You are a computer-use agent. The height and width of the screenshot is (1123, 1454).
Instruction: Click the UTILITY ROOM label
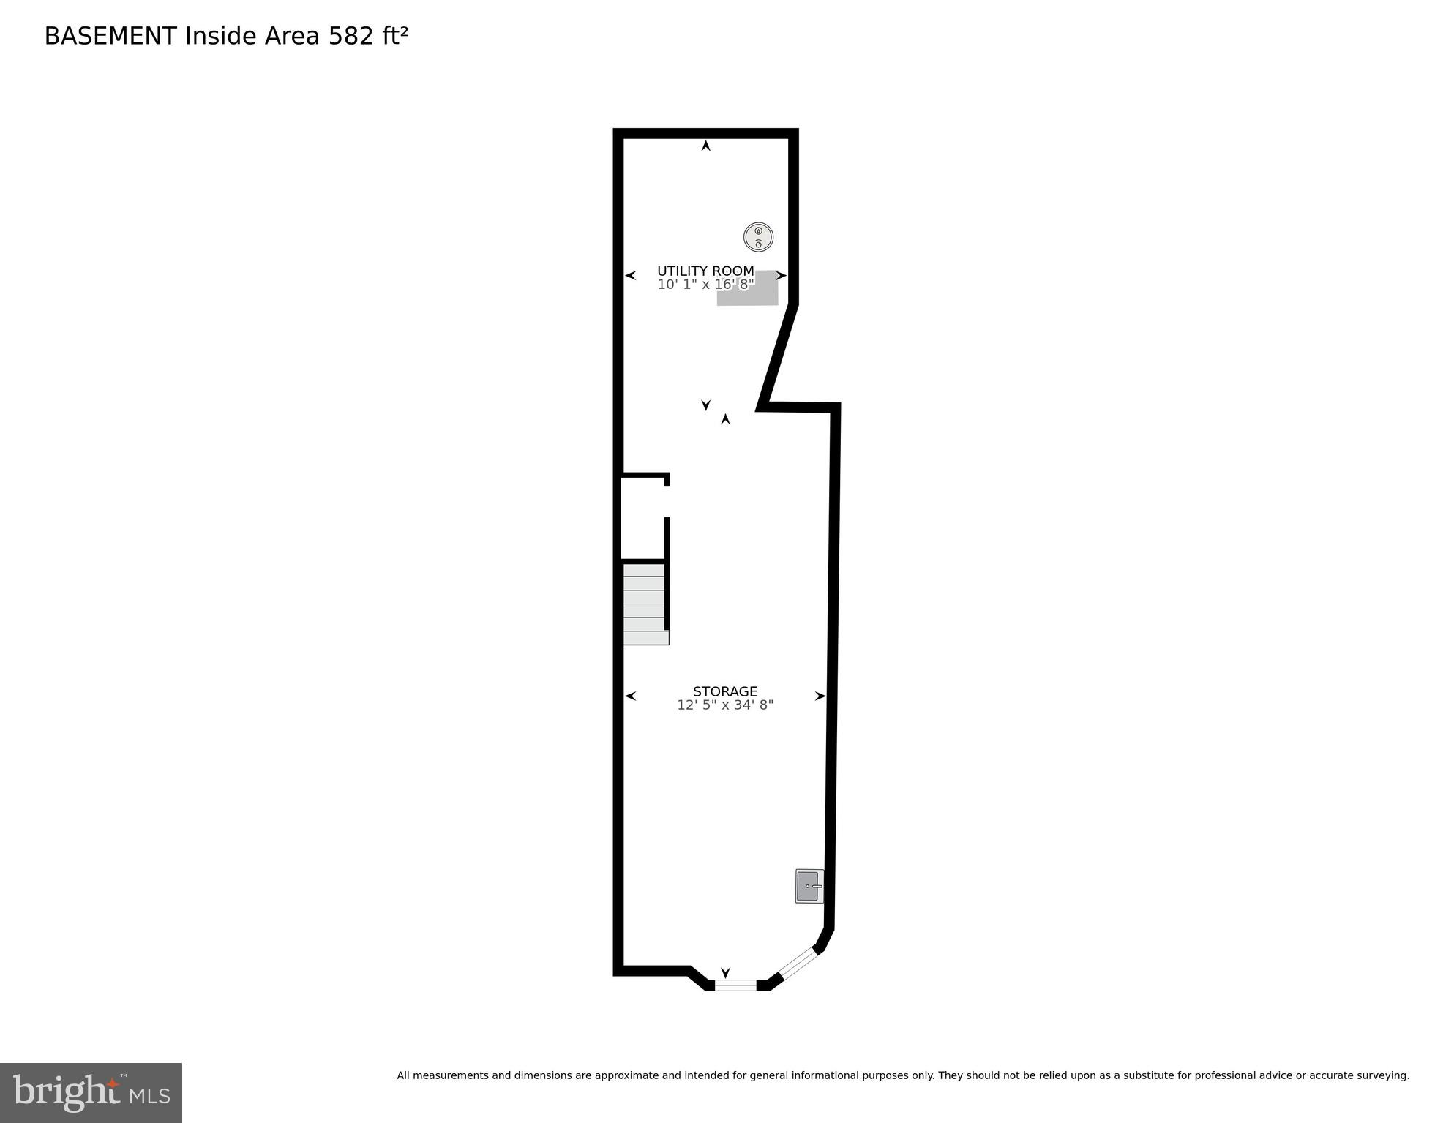tap(705, 271)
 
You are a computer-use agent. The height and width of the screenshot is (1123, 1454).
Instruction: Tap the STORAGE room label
tap(724, 691)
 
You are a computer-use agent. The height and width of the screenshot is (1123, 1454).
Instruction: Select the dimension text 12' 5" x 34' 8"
tap(724, 705)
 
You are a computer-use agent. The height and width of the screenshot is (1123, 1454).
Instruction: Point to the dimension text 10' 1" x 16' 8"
tap(705, 285)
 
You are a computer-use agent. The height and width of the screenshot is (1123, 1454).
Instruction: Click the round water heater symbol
tap(758, 237)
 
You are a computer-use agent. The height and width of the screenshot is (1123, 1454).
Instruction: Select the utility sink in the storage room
tap(809, 886)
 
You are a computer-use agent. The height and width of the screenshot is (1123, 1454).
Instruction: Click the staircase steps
tap(645, 604)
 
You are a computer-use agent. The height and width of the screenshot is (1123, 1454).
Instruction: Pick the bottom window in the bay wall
tap(735, 985)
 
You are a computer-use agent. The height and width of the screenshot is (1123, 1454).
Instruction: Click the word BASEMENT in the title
tap(110, 36)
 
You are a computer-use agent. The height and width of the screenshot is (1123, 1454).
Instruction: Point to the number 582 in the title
tap(351, 36)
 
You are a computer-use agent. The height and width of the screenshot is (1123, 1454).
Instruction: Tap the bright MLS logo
tap(91, 1092)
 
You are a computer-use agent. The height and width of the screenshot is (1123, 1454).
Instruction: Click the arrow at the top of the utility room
tap(705, 146)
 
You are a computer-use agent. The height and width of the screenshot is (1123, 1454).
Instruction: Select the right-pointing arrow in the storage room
tap(820, 696)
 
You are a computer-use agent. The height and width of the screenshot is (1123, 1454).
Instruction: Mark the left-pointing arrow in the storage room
tap(630, 696)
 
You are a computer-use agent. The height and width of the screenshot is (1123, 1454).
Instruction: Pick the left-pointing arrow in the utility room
tap(630, 276)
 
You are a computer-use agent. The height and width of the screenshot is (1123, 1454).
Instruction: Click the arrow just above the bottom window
tap(725, 972)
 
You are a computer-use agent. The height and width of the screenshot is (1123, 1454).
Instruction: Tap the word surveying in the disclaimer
tap(1381, 1075)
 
